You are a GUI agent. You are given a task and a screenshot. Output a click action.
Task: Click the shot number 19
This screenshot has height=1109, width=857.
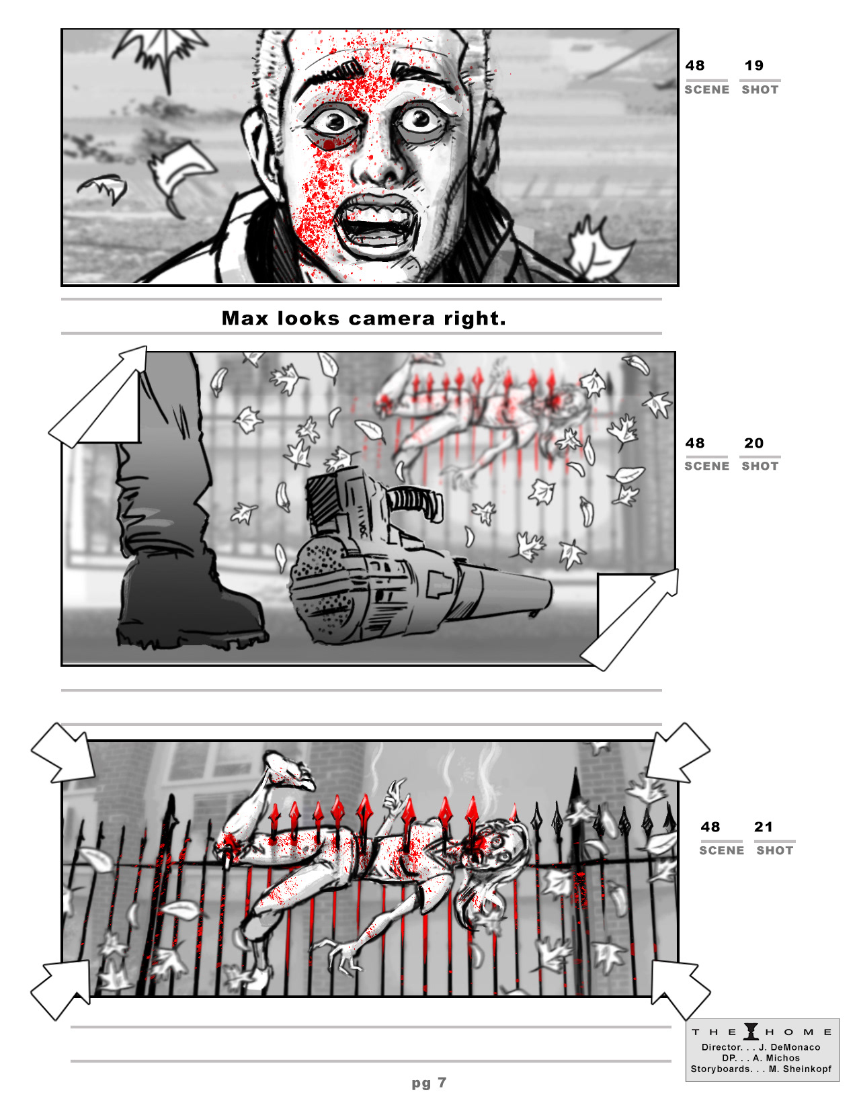[753, 65]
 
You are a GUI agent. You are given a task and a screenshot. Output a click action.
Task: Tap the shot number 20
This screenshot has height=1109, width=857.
[753, 443]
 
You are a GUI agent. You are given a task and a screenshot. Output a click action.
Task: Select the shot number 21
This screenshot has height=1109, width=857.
[763, 827]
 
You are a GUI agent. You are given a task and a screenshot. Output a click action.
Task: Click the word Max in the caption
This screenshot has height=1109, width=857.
[245, 319]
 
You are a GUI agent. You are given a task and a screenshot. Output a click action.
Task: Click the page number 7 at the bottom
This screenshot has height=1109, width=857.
[442, 1082]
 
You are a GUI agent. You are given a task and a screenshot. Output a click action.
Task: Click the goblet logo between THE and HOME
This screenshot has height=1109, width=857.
[751, 1032]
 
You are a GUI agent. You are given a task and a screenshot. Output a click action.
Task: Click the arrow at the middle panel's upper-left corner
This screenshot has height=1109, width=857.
[97, 397]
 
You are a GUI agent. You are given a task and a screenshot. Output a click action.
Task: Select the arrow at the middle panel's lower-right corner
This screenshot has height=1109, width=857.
[630, 619]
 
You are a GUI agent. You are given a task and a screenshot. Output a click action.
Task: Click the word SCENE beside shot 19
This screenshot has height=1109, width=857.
[707, 90]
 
